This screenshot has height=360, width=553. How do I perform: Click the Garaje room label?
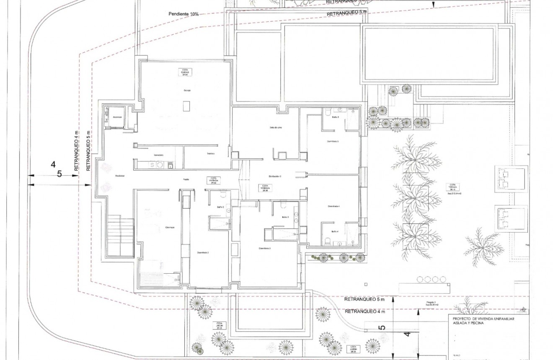(x=187, y=91)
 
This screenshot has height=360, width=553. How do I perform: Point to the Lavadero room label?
(x=158, y=155)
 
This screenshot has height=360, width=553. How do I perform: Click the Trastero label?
(x=210, y=153)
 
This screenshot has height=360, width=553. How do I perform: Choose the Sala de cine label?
(x=275, y=128)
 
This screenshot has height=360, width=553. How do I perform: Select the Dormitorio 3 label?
(x=265, y=248)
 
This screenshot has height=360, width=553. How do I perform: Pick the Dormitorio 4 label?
(x=333, y=206)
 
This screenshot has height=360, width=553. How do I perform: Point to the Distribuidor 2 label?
(x=275, y=176)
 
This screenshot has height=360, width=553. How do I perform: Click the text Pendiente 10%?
(x=183, y=14)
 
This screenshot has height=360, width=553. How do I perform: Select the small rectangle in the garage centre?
(x=186, y=106)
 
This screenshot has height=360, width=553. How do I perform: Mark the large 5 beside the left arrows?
(x=59, y=174)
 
